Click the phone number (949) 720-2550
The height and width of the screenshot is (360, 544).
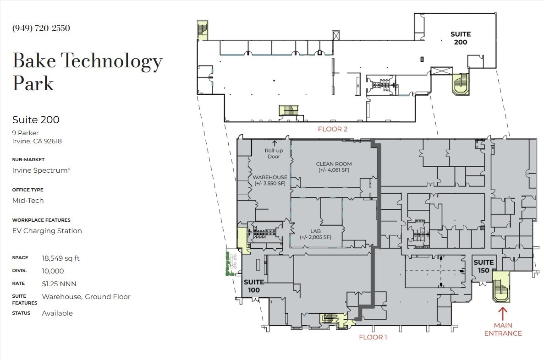coord(41,28)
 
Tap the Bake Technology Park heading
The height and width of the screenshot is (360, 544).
coord(88,71)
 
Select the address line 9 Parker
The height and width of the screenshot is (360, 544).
coord(25,133)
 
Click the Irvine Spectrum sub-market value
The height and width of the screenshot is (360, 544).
coord(41,170)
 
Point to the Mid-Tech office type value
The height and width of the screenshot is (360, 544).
coord(28,201)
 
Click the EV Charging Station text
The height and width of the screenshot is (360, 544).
coord(47,231)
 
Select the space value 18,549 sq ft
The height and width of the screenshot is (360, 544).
coord(60,258)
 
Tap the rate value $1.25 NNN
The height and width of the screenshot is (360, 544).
coord(59,284)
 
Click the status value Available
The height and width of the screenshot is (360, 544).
coord(57,313)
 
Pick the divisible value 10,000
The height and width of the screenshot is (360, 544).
coord(53,271)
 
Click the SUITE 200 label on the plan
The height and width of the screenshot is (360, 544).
coord(461,38)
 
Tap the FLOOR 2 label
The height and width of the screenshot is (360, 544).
coord(332,129)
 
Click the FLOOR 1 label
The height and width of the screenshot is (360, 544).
coord(373,337)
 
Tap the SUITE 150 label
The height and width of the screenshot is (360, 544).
coord(484,267)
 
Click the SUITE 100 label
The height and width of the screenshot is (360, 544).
coord(254,286)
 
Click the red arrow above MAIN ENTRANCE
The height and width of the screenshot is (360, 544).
coord(502,314)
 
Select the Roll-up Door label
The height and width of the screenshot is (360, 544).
coord(274,153)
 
